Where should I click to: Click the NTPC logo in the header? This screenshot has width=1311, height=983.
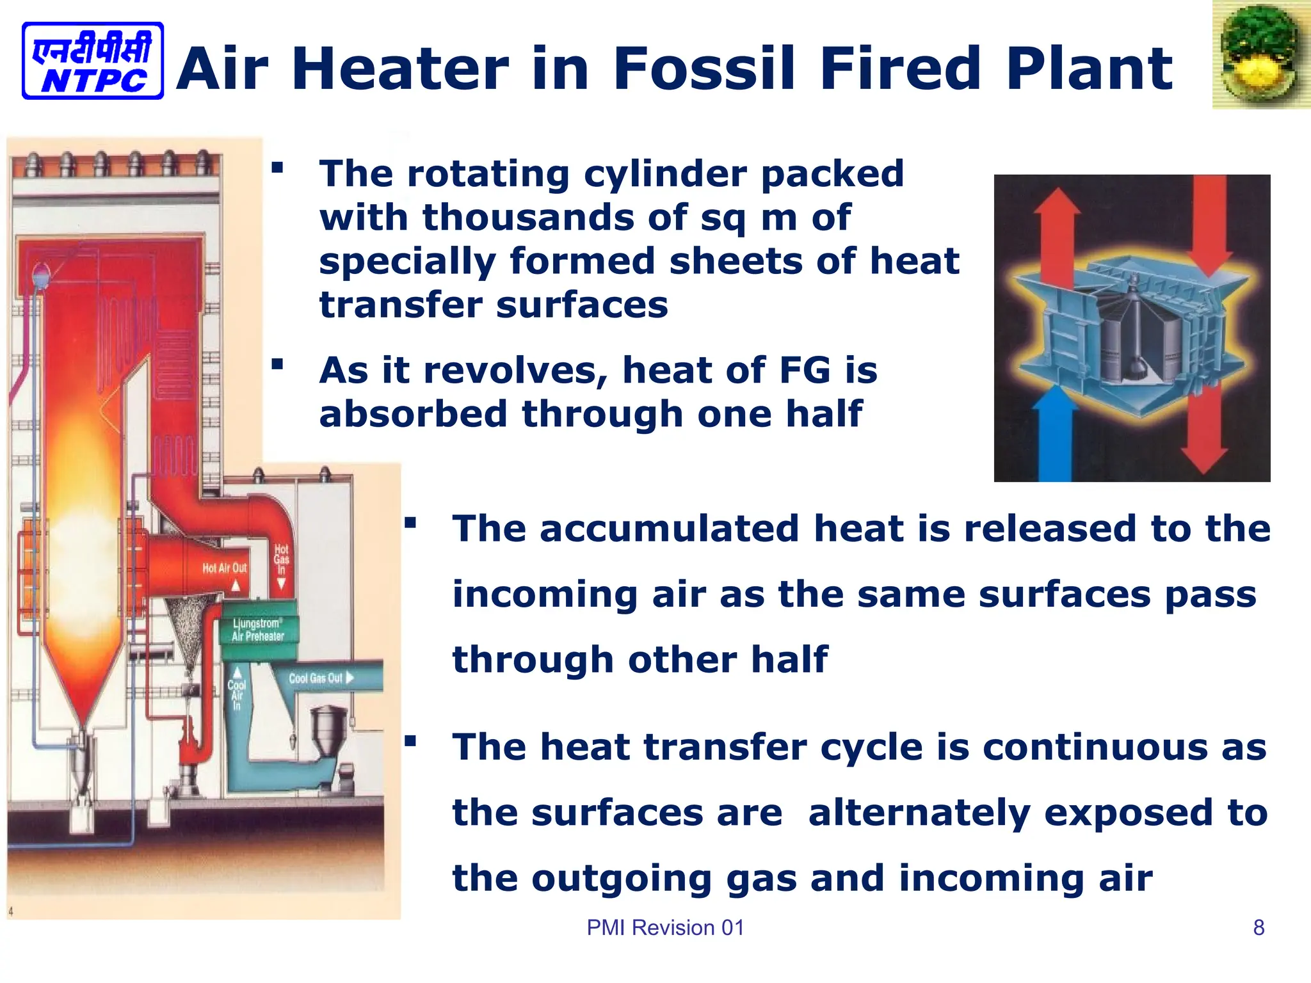93,61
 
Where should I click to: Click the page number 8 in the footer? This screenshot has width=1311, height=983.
1259,927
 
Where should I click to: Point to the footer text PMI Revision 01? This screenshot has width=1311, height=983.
665,927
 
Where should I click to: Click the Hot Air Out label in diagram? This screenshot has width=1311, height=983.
224,568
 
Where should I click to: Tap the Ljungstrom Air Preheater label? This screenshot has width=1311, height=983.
258,630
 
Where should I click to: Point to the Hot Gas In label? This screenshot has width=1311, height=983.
282,559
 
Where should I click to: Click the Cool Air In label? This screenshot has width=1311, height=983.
237,695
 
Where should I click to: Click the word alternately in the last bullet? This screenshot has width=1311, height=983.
919,813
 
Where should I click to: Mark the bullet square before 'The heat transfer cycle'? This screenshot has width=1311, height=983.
410,742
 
